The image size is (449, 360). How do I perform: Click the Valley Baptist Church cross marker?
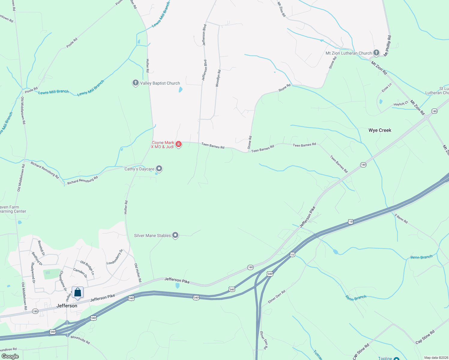[135, 83]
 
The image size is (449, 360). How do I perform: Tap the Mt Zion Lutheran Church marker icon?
[376, 53]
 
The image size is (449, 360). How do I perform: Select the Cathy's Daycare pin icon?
[159, 169]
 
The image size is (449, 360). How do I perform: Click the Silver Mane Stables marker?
[175, 235]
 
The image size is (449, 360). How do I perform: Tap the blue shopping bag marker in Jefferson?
[77, 292]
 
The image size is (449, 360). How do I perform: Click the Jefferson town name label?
[67, 306]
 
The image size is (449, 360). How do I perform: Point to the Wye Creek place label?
[380, 130]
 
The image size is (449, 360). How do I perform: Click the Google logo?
[10, 356]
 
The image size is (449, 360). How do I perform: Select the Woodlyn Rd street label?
[218, 78]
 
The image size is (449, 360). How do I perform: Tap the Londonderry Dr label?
[115, 257]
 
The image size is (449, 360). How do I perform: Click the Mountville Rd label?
[80, 340]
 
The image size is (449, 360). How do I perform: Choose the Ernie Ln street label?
[387, 88]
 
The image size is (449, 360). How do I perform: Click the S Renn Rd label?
[401, 219]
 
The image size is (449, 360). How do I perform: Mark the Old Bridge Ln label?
[87, 268]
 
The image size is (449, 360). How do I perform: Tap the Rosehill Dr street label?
[41, 248]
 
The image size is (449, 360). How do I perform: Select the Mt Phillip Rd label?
[387, 46]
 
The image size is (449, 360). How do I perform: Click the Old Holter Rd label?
[138, 273]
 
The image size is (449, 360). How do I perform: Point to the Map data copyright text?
[435, 358]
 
